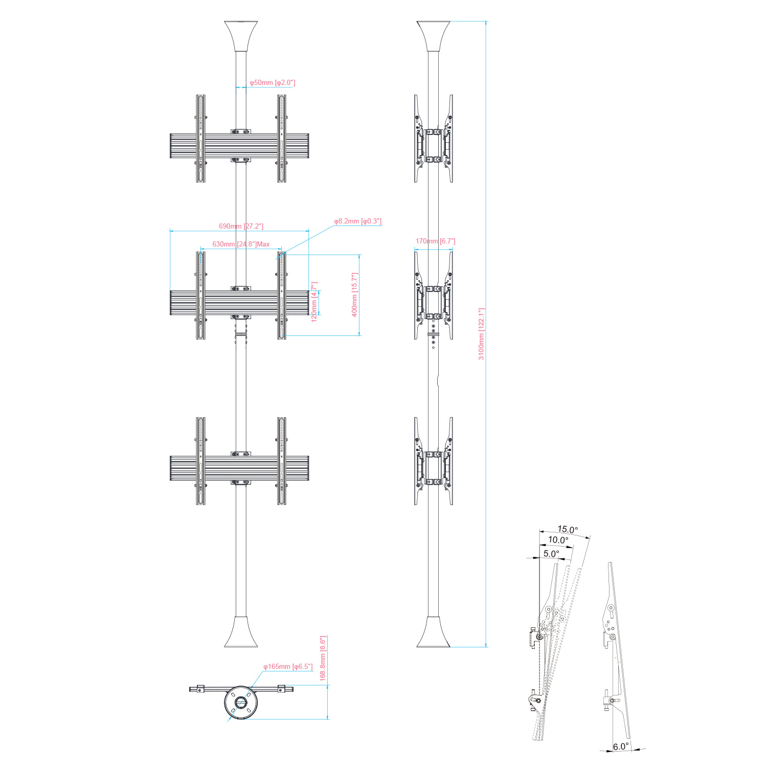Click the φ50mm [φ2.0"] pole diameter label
pyautogui.click(x=272, y=82)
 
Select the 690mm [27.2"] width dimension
pyautogui.click(x=241, y=226)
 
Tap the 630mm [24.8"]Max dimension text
pyautogui.click(x=241, y=244)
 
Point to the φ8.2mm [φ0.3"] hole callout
pyautogui.click(x=358, y=221)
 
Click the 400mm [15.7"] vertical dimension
pyautogui.click(x=355, y=295)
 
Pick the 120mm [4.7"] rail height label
pyautogui.click(x=314, y=301)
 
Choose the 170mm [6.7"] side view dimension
pyautogui.click(x=435, y=241)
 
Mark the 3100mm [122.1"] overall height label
pyautogui.click(x=481, y=334)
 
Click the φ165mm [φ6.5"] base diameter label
pyautogui.click(x=288, y=667)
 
